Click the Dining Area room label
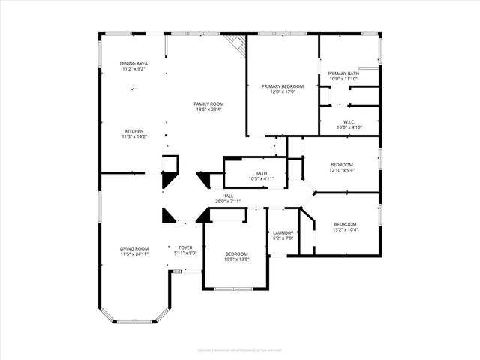tap(134, 63)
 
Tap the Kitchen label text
tap(134, 130)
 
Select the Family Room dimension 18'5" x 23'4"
tap(208, 109)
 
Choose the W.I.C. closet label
tap(349, 121)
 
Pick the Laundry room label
tap(283, 232)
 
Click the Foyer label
tap(185, 247)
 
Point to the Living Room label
tap(134, 248)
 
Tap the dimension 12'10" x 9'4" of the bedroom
tap(341, 170)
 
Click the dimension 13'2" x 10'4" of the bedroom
tap(345, 229)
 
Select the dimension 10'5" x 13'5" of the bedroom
tap(237, 259)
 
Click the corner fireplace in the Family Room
tap(238, 43)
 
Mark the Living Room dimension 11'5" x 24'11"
tap(134, 254)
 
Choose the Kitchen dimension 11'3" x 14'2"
tap(134, 136)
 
